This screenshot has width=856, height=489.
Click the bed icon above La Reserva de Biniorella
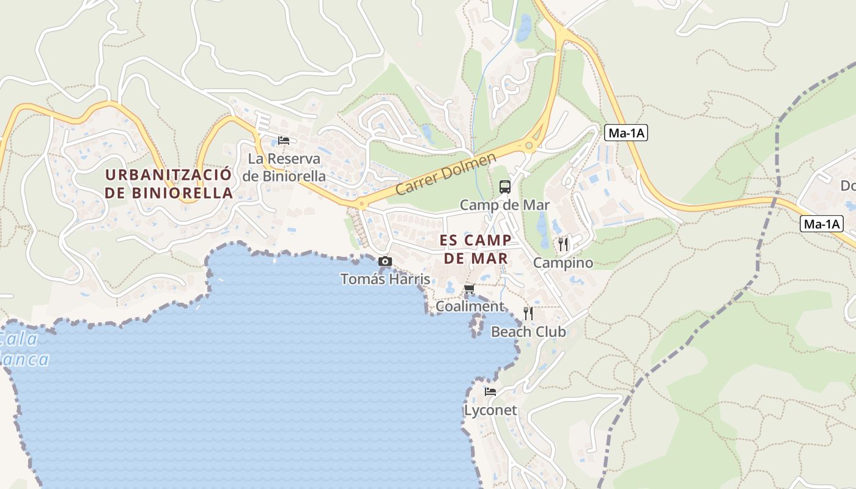283,140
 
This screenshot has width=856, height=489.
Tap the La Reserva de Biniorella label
284,167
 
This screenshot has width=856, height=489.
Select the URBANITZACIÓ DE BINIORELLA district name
169,183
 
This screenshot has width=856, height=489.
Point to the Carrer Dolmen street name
445,175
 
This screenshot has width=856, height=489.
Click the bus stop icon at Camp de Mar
504,187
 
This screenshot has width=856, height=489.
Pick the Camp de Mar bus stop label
504,205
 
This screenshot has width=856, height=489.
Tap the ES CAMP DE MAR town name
475,249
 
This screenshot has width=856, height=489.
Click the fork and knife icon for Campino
563,244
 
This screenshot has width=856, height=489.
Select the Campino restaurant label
563,263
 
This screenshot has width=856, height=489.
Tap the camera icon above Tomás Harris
385,262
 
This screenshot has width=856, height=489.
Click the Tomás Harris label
385,279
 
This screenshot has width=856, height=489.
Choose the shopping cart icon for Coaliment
469,289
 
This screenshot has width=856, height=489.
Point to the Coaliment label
470,306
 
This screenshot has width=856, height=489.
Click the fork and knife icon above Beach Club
528,314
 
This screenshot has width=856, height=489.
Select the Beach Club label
528,332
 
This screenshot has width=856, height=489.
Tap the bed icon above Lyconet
490,392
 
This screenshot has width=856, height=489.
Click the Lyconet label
490,410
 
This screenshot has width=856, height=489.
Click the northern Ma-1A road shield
625,133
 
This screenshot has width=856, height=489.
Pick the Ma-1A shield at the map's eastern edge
821,224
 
